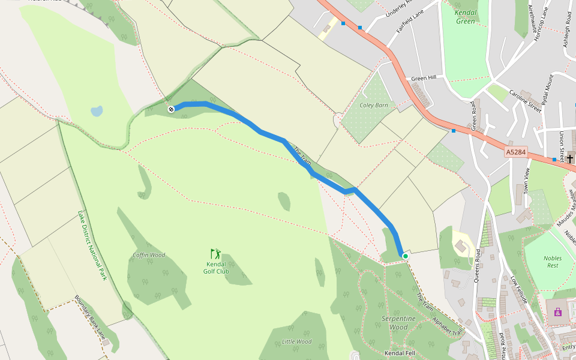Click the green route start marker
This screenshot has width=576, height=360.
[405, 256]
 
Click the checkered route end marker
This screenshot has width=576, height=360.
[171, 109]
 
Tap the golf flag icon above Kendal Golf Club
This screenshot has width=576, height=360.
[215, 254]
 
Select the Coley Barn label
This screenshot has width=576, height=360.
[374, 105]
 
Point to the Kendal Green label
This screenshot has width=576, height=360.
[465, 17]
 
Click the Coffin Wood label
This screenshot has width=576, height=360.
[149, 255]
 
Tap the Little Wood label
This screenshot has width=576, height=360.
[296, 341]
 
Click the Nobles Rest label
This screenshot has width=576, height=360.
[552, 262]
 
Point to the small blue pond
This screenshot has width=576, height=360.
[97, 111]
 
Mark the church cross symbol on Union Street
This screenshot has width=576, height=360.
[569, 158]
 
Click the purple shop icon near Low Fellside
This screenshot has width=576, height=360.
[558, 312]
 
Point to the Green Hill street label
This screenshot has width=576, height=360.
[424, 79]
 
